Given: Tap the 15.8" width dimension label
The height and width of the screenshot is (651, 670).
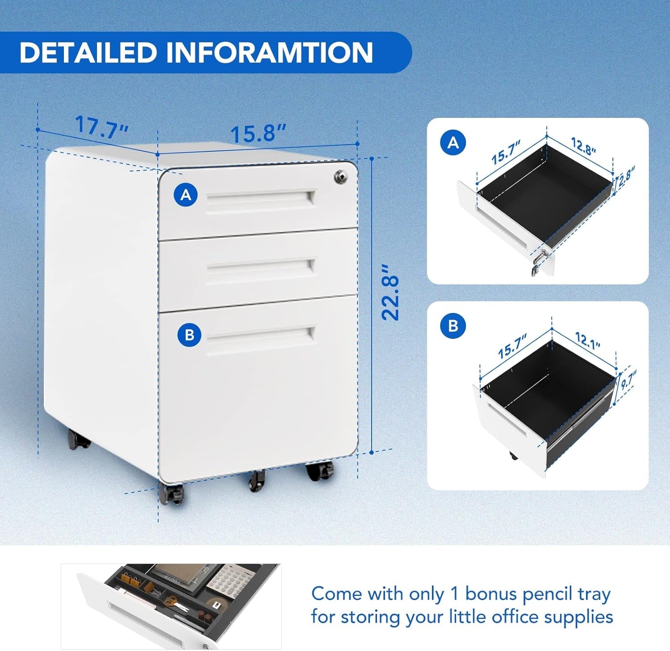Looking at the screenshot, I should [258, 133].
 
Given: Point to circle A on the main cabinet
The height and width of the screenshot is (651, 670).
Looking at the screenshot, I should [186, 195].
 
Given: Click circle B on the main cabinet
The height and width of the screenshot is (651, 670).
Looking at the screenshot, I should [189, 334].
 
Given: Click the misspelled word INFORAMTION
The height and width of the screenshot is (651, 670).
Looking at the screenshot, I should [269, 53].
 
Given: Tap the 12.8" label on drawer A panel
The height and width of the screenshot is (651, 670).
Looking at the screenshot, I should [583, 146].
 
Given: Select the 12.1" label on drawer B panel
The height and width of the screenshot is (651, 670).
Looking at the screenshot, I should [587, 340].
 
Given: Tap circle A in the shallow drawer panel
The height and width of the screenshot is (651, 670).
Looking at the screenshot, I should [453, 142].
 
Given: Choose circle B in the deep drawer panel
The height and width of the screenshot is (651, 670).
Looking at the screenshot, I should [453, 325].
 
